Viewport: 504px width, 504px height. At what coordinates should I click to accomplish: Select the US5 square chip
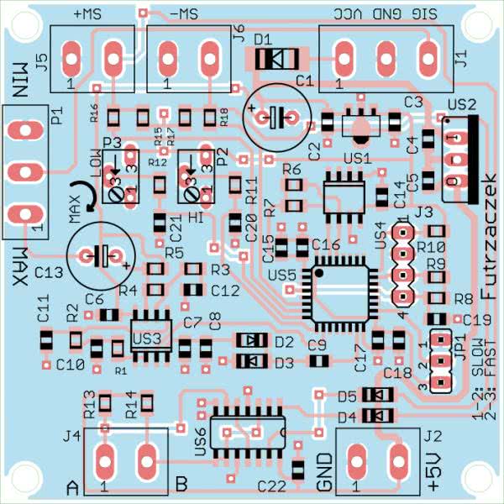point(340,295)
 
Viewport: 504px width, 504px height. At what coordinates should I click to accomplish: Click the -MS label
point(184,14)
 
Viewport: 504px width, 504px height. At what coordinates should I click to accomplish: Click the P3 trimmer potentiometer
point(121,182)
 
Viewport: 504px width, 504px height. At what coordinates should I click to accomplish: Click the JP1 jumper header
point(438,363)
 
